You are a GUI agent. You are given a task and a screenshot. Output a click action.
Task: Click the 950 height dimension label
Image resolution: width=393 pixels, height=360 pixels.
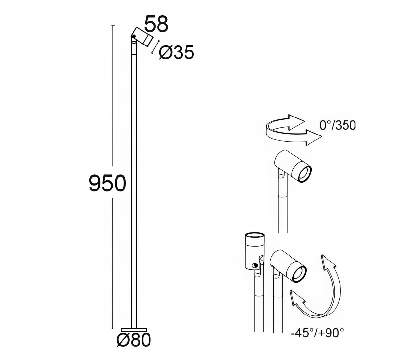click(107, 183)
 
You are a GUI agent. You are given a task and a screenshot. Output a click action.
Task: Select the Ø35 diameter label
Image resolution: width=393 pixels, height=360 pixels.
click(177, 52)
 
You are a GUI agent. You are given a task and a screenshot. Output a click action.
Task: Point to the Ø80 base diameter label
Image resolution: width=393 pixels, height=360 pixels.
click(134, 340)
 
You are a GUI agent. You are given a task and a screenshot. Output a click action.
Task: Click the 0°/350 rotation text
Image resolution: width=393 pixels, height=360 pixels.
click(337, 125)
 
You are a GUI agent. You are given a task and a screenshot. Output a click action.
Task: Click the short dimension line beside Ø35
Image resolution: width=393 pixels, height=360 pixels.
click(156, 47)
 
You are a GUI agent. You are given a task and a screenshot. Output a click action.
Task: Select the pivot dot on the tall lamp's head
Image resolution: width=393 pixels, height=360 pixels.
click(133, 37)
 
